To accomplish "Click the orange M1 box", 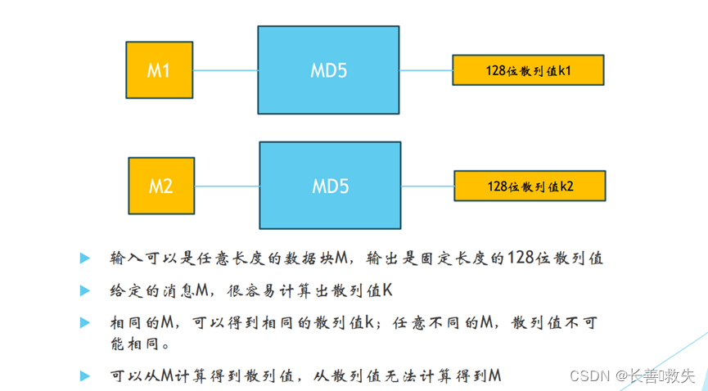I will click(x=159, y=70).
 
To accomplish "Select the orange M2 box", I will click(x=161, y=186).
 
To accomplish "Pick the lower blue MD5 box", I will click(x=331, y=187).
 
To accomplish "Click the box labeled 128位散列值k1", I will click(x=528, y=71).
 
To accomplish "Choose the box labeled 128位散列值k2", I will click(x=530, y=187).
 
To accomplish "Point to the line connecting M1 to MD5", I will click(x=225, y=70).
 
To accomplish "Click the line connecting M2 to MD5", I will click(x=227, y=187).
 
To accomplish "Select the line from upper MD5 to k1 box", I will click(x=426, y=71).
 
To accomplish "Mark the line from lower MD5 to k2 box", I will click(x=427, y=187).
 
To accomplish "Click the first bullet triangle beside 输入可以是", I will click(x=84, y=258).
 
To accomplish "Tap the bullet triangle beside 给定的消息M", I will click(x=84, y=290).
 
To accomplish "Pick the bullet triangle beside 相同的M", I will click(x=84, y=322).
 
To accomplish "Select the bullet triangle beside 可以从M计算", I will click(x=84, y=375).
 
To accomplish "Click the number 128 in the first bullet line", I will click(x=521, y=258).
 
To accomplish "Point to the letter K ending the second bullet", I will click(x=388, y=290).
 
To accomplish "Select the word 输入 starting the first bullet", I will click(x=122, y=258).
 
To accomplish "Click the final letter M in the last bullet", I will click(x=494, y=375).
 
